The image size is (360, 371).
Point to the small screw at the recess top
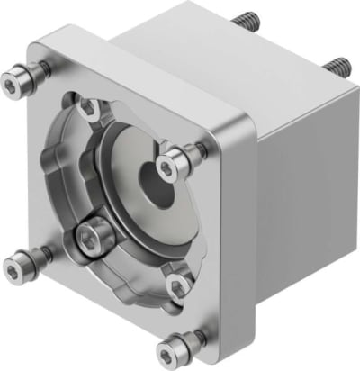[x=89, y=108]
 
